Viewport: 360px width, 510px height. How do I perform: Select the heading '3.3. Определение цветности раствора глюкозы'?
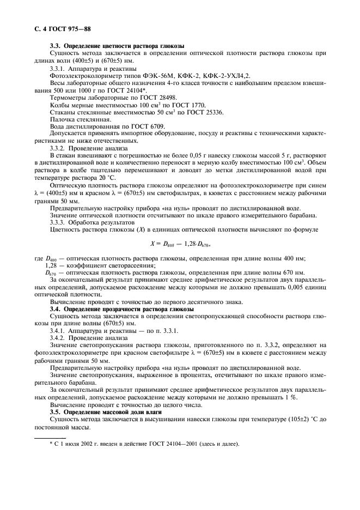tap(117, 46)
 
